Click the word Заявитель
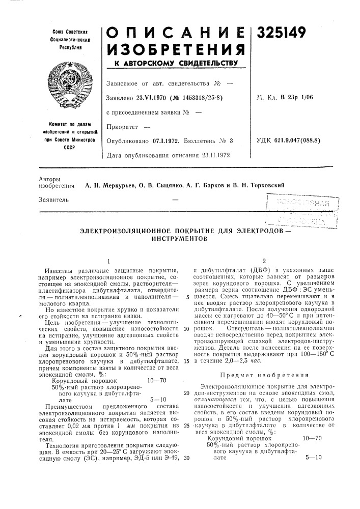[53, 200]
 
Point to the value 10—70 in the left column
[157, 379]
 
